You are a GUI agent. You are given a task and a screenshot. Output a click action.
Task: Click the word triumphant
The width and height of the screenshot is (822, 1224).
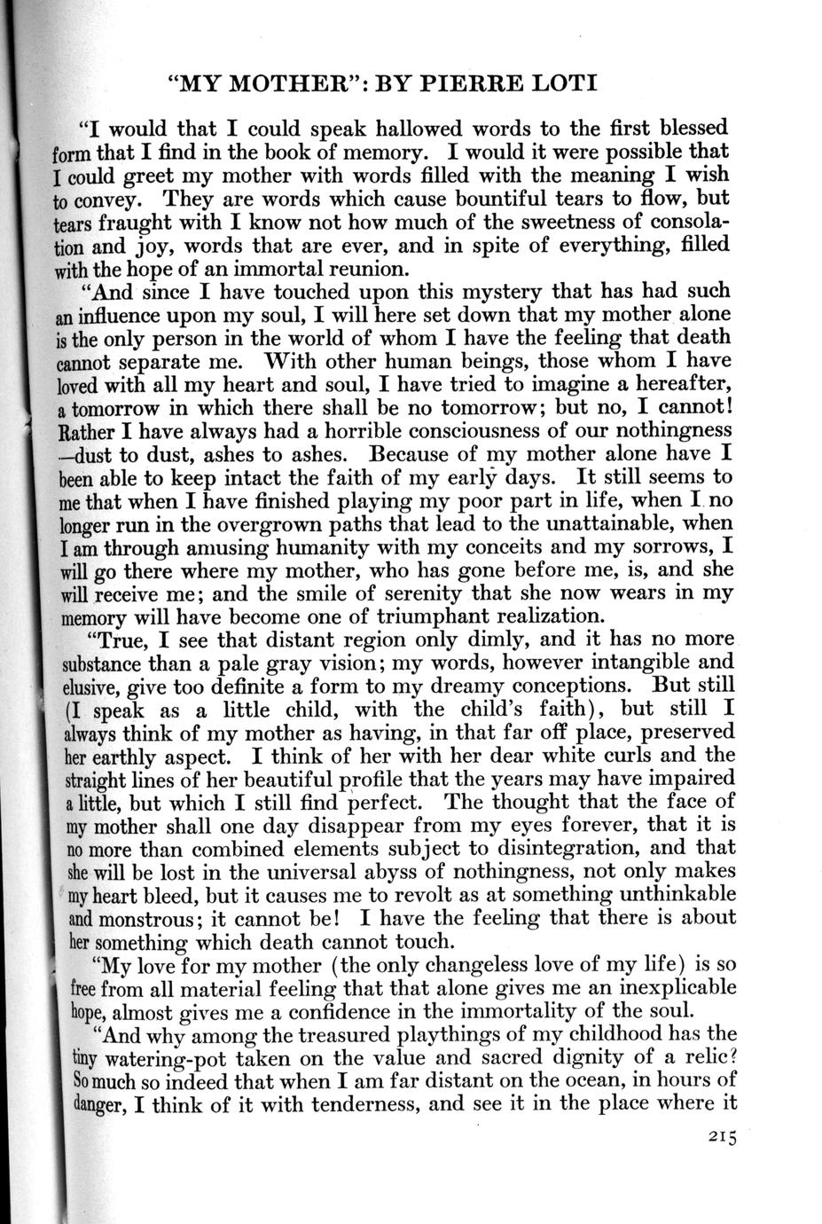coord(461,616)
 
